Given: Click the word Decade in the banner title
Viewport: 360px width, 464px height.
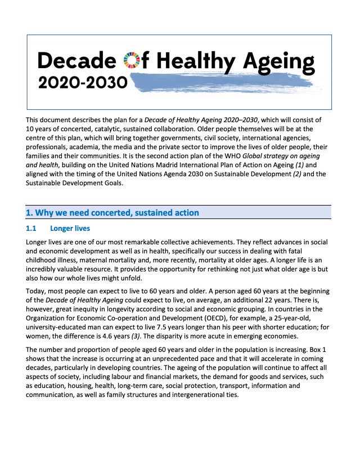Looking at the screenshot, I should (x=77, y=60).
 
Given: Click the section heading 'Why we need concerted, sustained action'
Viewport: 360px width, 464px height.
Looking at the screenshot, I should (x=112, y=212).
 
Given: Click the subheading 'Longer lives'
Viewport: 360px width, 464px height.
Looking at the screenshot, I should (x=70, y=229).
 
